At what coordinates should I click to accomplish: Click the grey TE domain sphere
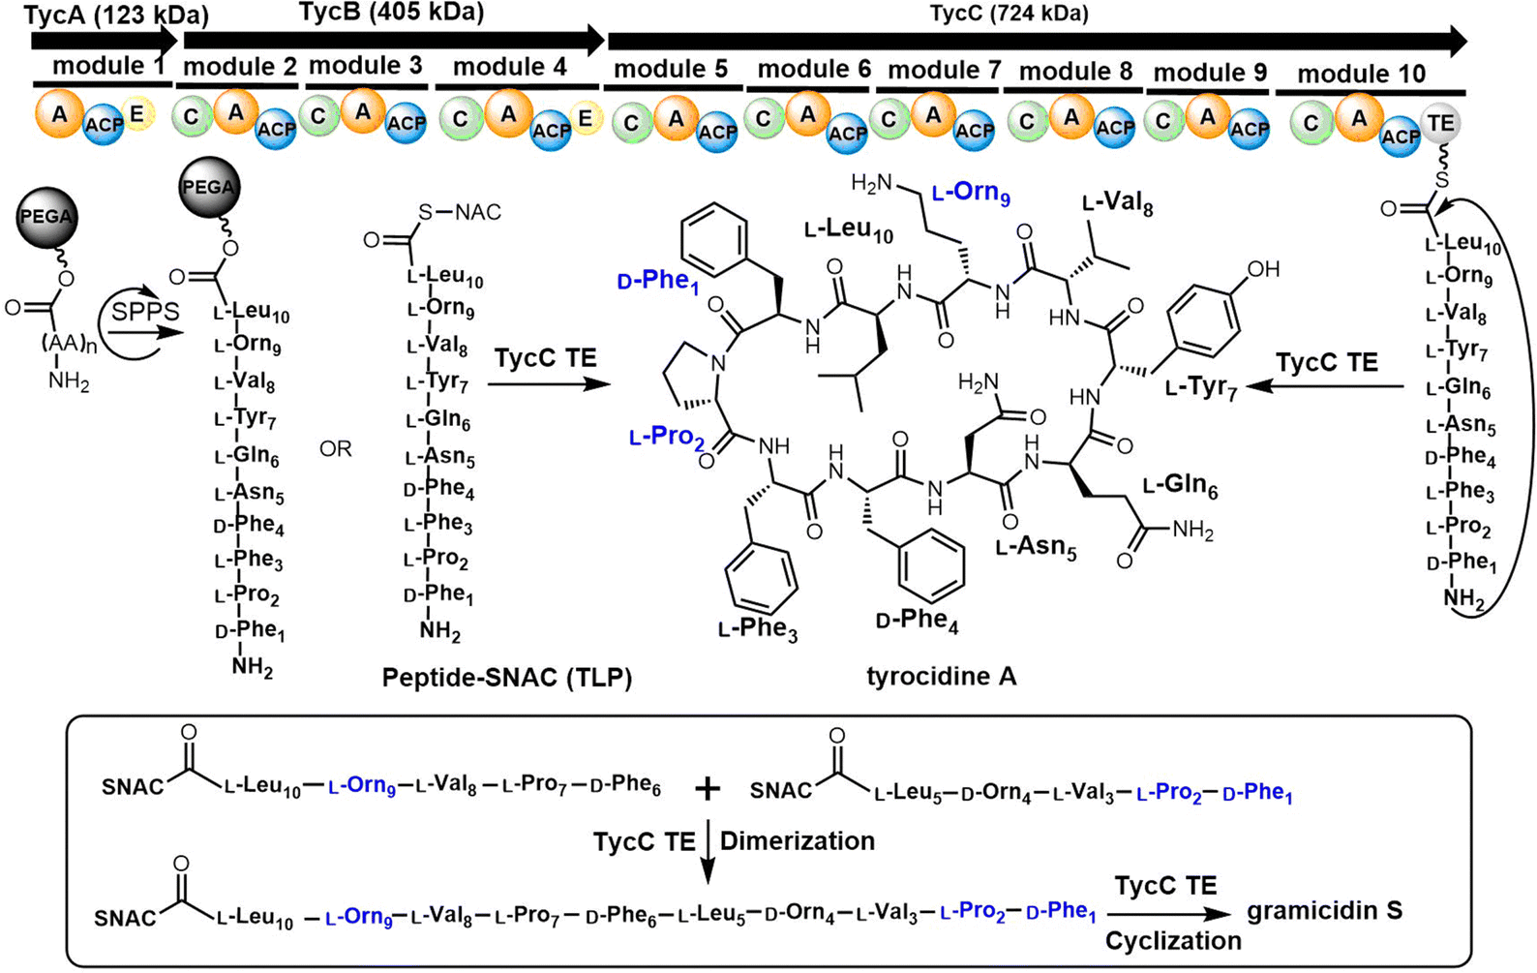1440,124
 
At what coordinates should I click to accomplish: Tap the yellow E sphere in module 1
138,114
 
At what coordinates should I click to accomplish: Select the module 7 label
944,70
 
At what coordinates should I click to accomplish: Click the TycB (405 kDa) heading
392,13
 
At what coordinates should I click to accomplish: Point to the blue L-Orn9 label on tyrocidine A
971,193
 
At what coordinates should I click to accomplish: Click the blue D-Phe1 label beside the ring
657,281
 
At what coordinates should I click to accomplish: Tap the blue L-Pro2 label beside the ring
667,438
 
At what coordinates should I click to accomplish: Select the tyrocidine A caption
942,677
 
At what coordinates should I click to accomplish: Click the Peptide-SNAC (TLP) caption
507,678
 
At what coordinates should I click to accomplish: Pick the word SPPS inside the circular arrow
145,312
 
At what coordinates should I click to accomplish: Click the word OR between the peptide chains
336,449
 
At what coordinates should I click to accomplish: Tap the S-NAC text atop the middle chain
460,212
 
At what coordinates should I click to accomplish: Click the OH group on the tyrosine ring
1263,269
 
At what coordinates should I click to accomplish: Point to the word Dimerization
798,841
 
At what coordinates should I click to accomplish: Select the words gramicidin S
1325,912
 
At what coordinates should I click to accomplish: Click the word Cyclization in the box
1173,941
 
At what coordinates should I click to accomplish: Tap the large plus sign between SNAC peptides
708,790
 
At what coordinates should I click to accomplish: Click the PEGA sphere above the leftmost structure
46,218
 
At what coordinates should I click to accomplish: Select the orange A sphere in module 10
1359,119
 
